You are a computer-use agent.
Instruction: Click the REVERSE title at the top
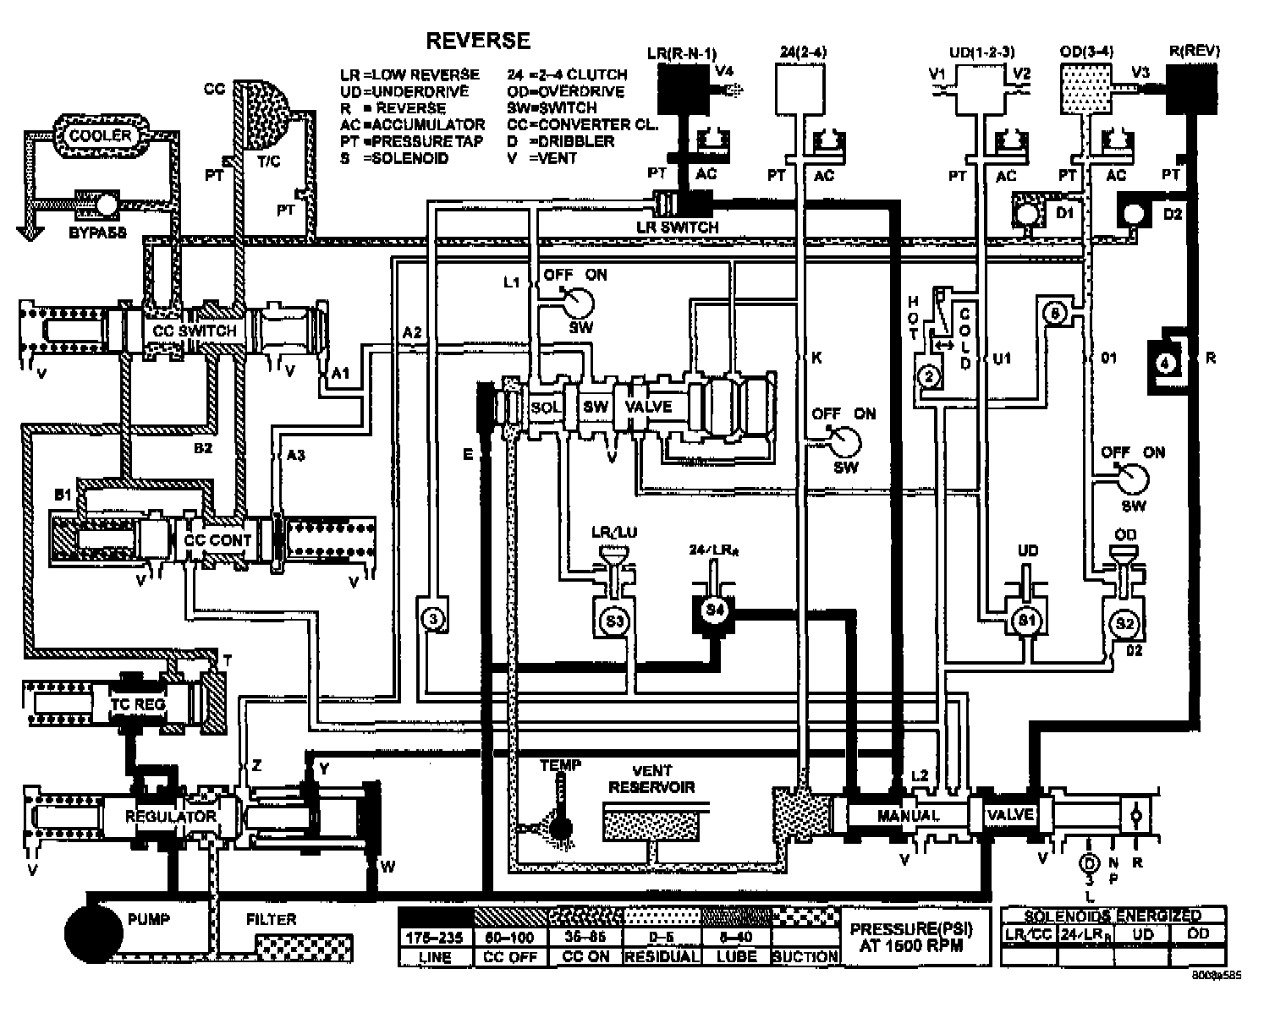coord(478,41)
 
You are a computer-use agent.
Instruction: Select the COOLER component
coord(101,135)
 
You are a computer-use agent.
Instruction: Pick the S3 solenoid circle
coord(614,621)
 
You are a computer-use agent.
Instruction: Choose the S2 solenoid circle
coord(1124,623)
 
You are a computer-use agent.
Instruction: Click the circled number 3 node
coord(432,619)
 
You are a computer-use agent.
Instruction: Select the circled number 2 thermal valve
coord(928,376)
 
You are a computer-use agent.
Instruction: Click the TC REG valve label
coord(138,703)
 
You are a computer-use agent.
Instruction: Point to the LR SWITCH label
coord(677,227)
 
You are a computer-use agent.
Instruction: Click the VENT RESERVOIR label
coord(651,779)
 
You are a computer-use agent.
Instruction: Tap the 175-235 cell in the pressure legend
coord(435,938)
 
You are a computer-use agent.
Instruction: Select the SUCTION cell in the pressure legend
coord(804,956)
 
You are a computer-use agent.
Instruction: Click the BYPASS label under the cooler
coord(97,232)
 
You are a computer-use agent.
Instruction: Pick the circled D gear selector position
coord(1089,863)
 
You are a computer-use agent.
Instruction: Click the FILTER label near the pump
coord(271,918)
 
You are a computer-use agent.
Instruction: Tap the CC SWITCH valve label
coord(194,330)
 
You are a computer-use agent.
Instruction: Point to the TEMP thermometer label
coord(560,765)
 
